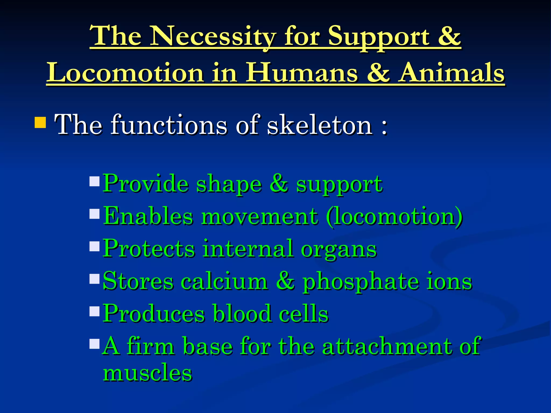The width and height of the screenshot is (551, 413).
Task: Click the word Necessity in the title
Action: pyautogui.click(x=213, y=36)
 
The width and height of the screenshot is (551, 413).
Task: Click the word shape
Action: pyautogui.click(x=229, y=185)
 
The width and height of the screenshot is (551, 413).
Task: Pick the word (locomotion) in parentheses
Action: pyautogui.click(x=394, y=217)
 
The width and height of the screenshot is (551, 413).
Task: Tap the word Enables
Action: pyautogui.click(x=148, y=216)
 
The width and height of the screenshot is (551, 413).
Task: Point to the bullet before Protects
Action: pyautogui.click(x=94, y=246)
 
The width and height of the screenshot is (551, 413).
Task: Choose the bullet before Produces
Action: pyautogui.click(x=94, y=311)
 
